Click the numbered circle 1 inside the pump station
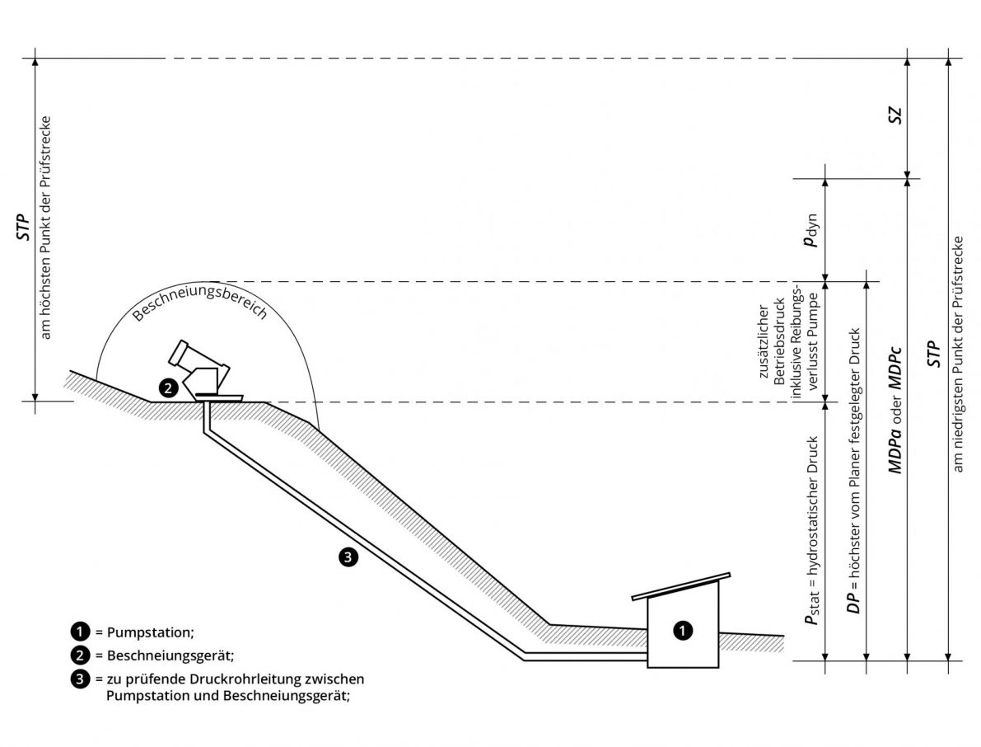tap(683, 630)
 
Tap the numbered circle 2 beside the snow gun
tap(168, 388)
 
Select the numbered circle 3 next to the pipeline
tap(348, 556)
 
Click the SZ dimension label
tap(895, 115)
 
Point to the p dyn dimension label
tap(811, 231)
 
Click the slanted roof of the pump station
tap(680, 585)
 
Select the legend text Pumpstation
tap(150, 632)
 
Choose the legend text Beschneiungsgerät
tap(171, 656)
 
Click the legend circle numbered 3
tap(81, 679)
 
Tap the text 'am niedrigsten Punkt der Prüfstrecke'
tap(958, 354)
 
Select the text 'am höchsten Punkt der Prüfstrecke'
tap(45, 228)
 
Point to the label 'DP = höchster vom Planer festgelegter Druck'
tap(853, 470)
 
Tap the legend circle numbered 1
tap(81, 632)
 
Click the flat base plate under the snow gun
tap(218, 396)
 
